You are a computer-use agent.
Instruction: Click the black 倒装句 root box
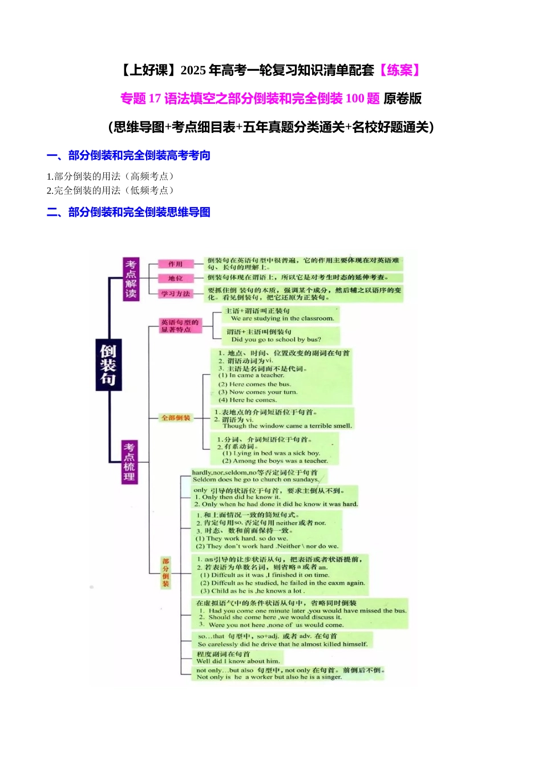(108, 365)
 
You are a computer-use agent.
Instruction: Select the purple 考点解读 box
(131, 279)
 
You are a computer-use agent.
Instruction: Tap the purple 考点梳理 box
(130, 462)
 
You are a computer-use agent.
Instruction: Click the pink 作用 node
(175, 264)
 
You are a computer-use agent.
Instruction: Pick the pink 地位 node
(175, 278)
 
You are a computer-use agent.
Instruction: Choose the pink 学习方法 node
(175, 293)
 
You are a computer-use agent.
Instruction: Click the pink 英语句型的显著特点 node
(180, 326)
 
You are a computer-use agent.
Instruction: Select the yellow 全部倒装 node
(176, 418)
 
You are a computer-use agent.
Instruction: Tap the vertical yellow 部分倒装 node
(165, 572)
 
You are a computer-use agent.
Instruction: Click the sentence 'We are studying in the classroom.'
(282, 318)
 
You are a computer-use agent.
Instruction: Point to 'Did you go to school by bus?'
(276, 339)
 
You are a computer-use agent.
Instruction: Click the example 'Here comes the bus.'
(254, 384)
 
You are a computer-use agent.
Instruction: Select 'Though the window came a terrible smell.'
(287, 426)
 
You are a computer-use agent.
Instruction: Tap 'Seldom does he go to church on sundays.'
(256, 479)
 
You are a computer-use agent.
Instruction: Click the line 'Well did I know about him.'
(238, 661)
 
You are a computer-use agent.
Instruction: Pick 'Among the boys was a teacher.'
(275, 461)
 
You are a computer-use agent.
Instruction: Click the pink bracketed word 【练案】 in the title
(400, 70)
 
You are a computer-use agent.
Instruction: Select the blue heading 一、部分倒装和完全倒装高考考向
(128, 155)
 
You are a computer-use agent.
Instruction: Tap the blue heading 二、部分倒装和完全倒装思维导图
(128, 212)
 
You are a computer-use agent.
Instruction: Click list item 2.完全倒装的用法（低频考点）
(110, 191)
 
